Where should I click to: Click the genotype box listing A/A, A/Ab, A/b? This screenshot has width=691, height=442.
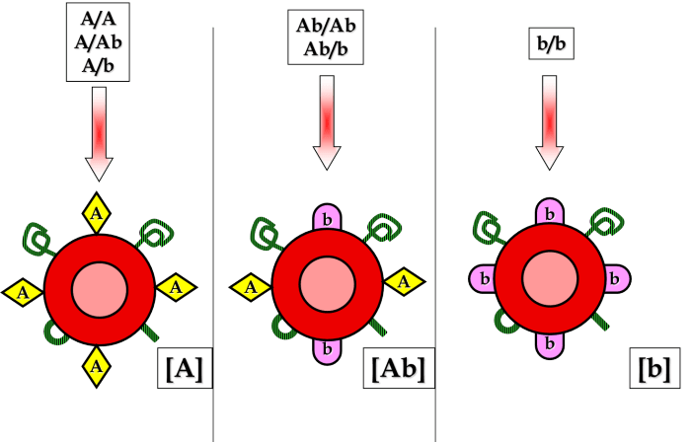coord(97,41)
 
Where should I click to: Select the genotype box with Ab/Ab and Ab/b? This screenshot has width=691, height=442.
coord(326,37)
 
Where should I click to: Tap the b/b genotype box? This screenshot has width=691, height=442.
coord(551,44)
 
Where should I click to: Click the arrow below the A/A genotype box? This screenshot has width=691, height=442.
coord(100,133)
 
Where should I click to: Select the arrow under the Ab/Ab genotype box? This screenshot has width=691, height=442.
coord(327,123)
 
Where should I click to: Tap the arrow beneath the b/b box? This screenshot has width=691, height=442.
coord(550,123)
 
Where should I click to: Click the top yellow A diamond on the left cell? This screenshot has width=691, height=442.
coord(97,212)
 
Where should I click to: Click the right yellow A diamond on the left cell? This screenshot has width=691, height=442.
coord(176,287)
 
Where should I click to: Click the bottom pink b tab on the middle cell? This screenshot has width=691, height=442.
coord(327,347)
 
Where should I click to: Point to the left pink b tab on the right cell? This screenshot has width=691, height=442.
coord(484,279)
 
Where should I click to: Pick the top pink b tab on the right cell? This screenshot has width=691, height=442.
coord(549,213)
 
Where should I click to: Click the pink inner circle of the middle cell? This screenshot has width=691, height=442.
coord(327,283)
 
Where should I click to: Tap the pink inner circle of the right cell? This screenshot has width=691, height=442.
coord(549,277)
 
